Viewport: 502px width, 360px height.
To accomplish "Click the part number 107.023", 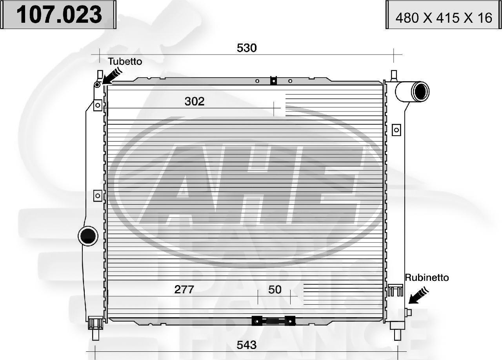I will (59, 15).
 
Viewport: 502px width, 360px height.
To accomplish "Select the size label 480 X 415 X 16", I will (444, 18).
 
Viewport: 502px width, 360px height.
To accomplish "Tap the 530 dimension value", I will (247, 48).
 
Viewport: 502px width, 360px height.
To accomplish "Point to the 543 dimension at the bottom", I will (247, 345).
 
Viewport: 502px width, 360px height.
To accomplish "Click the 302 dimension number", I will (195, 102).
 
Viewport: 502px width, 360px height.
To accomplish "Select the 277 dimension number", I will (184, 290).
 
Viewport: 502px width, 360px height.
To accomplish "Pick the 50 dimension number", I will (275, 290).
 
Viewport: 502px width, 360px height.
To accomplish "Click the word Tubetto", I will (125, 62).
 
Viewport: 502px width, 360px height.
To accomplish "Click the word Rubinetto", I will (427, 278).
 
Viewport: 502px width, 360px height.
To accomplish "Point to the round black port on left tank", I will (88, 235).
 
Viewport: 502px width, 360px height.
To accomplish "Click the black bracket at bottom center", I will (273, 321).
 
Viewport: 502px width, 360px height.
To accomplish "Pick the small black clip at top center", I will (273, 81).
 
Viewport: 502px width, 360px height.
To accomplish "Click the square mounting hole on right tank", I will (397, 129).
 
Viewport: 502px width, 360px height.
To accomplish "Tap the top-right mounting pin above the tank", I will (394, 75).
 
